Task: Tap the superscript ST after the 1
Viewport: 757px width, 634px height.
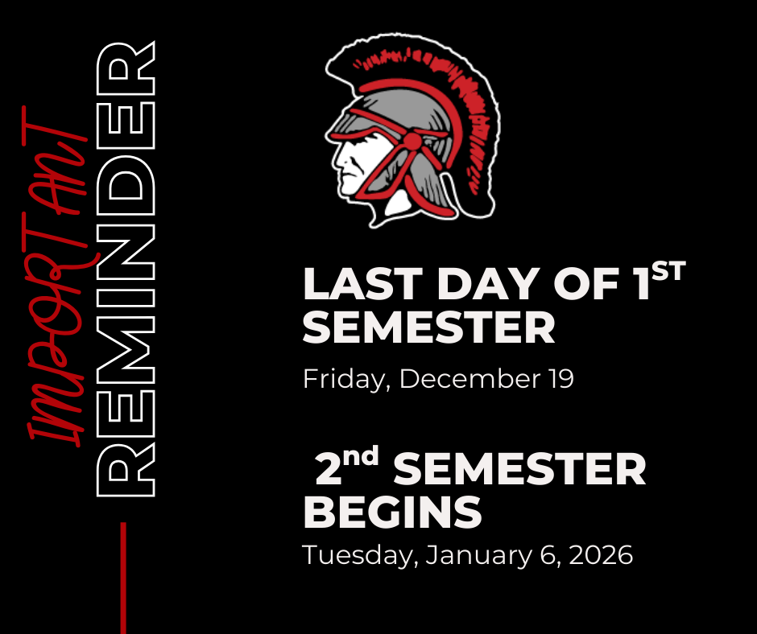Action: (668, 272)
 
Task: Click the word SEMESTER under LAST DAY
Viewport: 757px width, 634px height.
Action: (429, 328)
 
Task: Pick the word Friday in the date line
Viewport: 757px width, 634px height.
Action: (346, 379)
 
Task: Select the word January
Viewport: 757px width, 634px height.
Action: (475, 555)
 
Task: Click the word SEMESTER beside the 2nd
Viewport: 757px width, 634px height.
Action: (519, 470)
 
